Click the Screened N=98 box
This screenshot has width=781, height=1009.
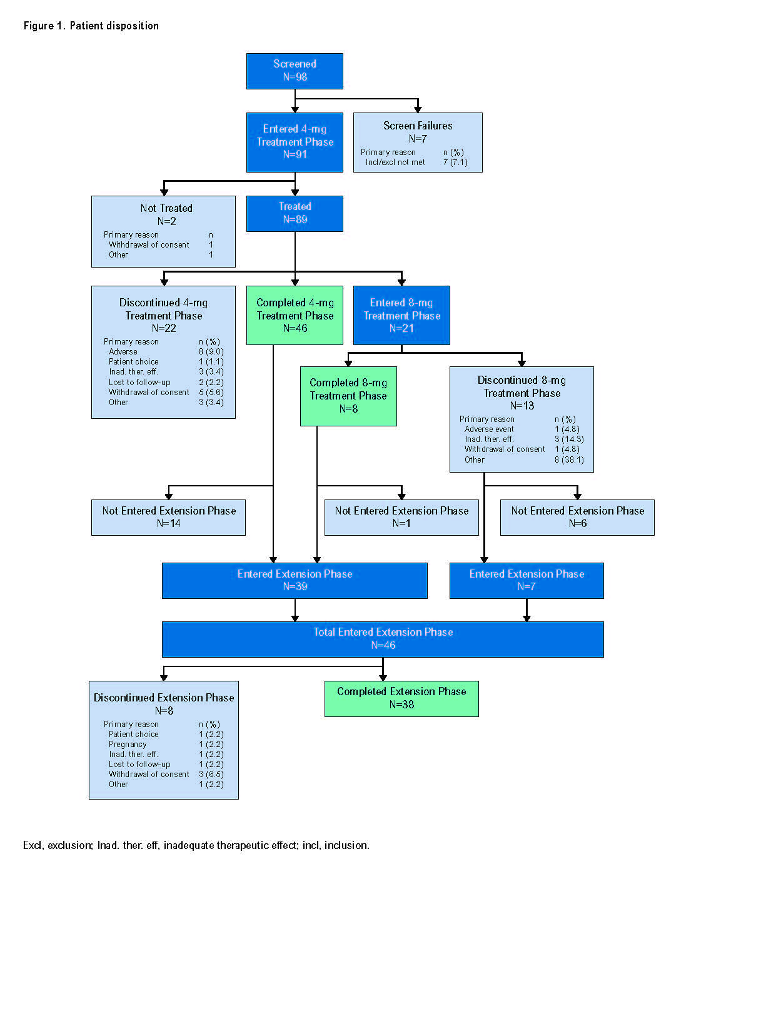coord(295,71)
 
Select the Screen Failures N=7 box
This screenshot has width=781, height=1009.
coord(418,142)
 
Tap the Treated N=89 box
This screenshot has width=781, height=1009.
coord(295,213)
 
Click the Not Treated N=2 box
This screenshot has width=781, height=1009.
coord(163,231)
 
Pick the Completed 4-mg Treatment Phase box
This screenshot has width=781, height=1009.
coord(295,315)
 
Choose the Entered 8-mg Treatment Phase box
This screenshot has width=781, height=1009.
coord(401,315)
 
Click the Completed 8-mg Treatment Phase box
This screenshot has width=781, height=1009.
coord(348,396)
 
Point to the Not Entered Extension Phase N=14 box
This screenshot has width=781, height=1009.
coord(168,517)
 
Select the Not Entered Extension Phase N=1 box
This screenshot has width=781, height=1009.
coord(401,517)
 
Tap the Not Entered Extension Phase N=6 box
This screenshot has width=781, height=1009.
coord(577,517)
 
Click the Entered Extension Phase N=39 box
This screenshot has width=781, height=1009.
coord(295,580)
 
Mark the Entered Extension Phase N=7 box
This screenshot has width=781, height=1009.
coord(527,580)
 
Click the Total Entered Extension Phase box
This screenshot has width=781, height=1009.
coord(383,639)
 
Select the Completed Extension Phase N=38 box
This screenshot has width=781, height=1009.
coord(401,698)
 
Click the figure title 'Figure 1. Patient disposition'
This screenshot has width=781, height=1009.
coord(91,26)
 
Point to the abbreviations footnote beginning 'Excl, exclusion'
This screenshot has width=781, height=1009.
coord(196,845)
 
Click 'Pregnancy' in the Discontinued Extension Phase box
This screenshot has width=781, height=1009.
coord(128,744)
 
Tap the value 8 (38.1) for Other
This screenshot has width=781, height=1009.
coord(569,459)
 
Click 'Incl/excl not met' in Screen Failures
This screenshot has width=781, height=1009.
coord(395,163)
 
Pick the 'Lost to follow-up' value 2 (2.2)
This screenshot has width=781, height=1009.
coord(211,382)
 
